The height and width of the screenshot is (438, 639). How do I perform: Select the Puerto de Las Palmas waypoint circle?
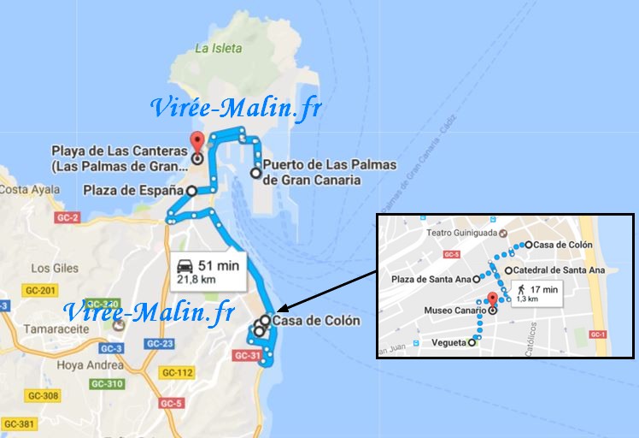(x=255, y=173)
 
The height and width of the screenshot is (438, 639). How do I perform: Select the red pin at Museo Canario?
(x=492, y=300)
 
